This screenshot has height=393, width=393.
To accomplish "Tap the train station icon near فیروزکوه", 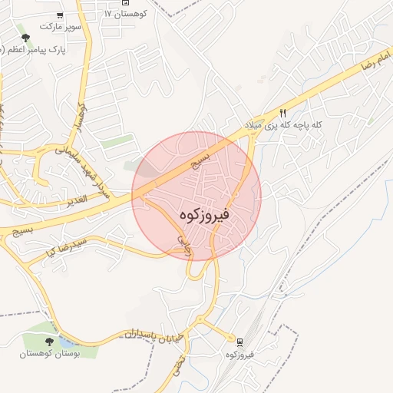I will [x=239, y=342].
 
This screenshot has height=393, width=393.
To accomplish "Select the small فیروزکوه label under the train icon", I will [x=239, y=355].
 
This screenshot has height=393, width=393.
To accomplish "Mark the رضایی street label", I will [x=183, y=245].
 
